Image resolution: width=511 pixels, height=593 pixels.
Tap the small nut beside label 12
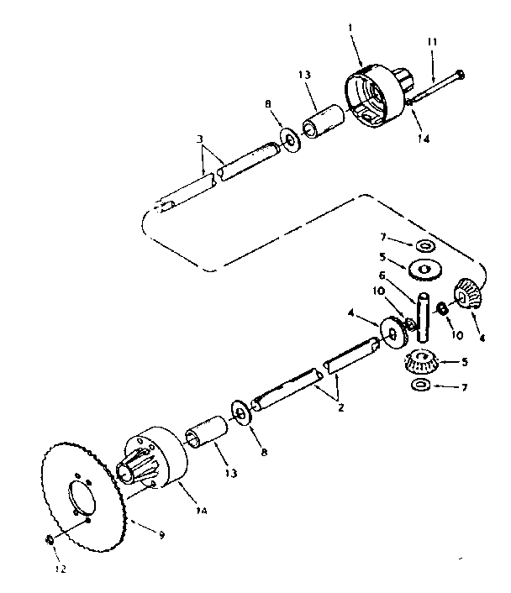(50, 538)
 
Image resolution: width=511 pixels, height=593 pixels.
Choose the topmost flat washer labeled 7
(424, 244)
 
